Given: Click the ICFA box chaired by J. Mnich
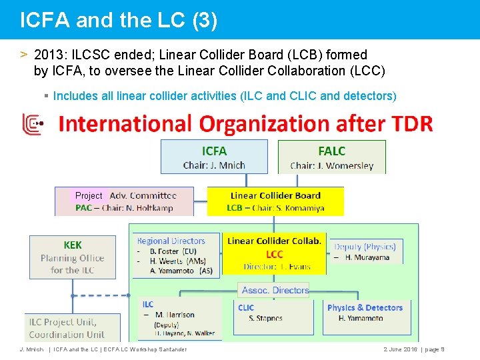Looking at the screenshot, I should [x=214, y=157].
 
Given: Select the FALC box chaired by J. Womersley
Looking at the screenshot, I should [x=331, y=157].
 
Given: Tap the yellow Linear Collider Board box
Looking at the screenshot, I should [x=275, y=201].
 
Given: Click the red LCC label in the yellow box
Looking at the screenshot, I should [x=275, y=254].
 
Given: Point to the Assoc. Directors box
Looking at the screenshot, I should [x=275, y=290].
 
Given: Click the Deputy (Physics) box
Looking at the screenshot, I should [x=365, y=251].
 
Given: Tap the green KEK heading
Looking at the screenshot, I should [x=73, y=245].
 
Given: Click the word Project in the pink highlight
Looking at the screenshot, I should [x=89, y=195].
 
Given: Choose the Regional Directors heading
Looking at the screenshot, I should [x=171, y=241].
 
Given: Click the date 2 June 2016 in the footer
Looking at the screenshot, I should [x=400, y=349].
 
